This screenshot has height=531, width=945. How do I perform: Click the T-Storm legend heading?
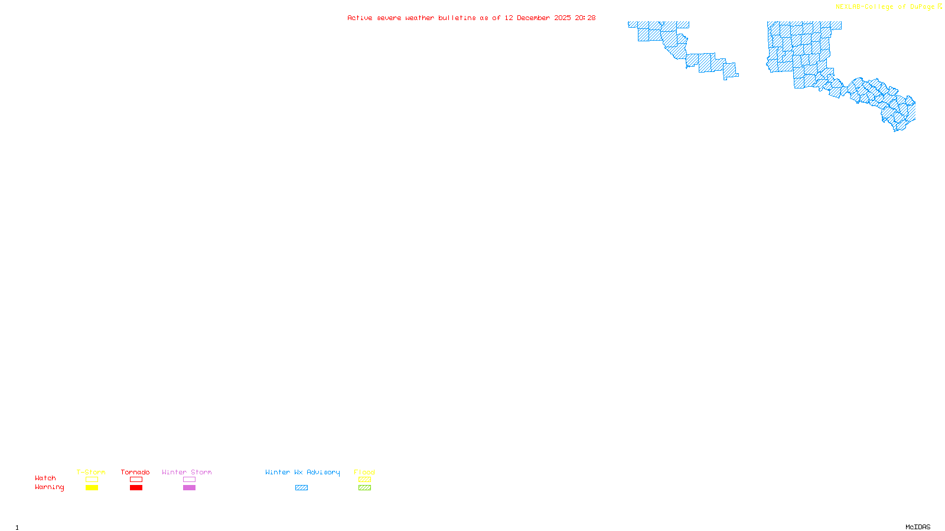(91, 472)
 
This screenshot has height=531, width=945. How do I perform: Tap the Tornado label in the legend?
(135, 472)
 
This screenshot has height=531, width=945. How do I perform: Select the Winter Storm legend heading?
(187, 472)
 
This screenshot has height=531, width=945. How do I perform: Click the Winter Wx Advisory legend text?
(302, 472)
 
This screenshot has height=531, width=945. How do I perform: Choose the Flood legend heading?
(364, 472)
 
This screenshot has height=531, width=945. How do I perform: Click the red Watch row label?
(45, 478)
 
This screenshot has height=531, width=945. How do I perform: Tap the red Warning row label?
(50, 487)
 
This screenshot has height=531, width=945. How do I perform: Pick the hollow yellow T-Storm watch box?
(92, 480)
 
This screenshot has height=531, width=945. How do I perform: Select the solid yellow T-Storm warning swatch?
(92, 488)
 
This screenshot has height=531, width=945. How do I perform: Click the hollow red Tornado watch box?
(136, 480)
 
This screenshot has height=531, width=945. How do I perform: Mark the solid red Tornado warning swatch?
(136, 488)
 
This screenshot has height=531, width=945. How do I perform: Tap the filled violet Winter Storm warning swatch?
(189, 488)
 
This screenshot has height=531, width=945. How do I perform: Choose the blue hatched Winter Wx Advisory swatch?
(301, 488)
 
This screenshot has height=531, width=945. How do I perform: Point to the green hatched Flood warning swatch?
(364, 488)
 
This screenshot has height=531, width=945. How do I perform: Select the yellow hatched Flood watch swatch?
(364, 480)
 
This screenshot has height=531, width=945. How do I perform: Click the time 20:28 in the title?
(585, 18)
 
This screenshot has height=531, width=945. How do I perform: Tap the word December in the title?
(533, 18)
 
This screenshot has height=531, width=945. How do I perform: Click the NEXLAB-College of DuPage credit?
(885, 7)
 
